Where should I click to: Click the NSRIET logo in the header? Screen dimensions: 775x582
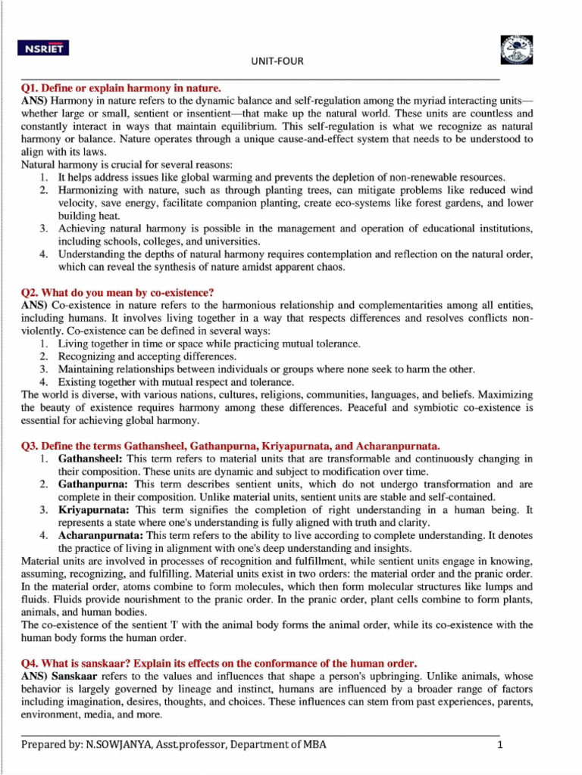(x=43, y=49)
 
